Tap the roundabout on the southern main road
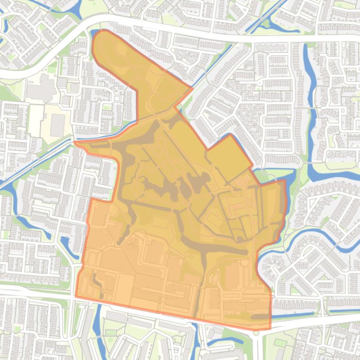(256, 332)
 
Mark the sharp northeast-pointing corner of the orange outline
(192, 88)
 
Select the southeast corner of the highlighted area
(270, 328)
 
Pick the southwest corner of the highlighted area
(76, 296)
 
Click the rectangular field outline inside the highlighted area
(160, 221)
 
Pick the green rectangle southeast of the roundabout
(280, 344)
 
